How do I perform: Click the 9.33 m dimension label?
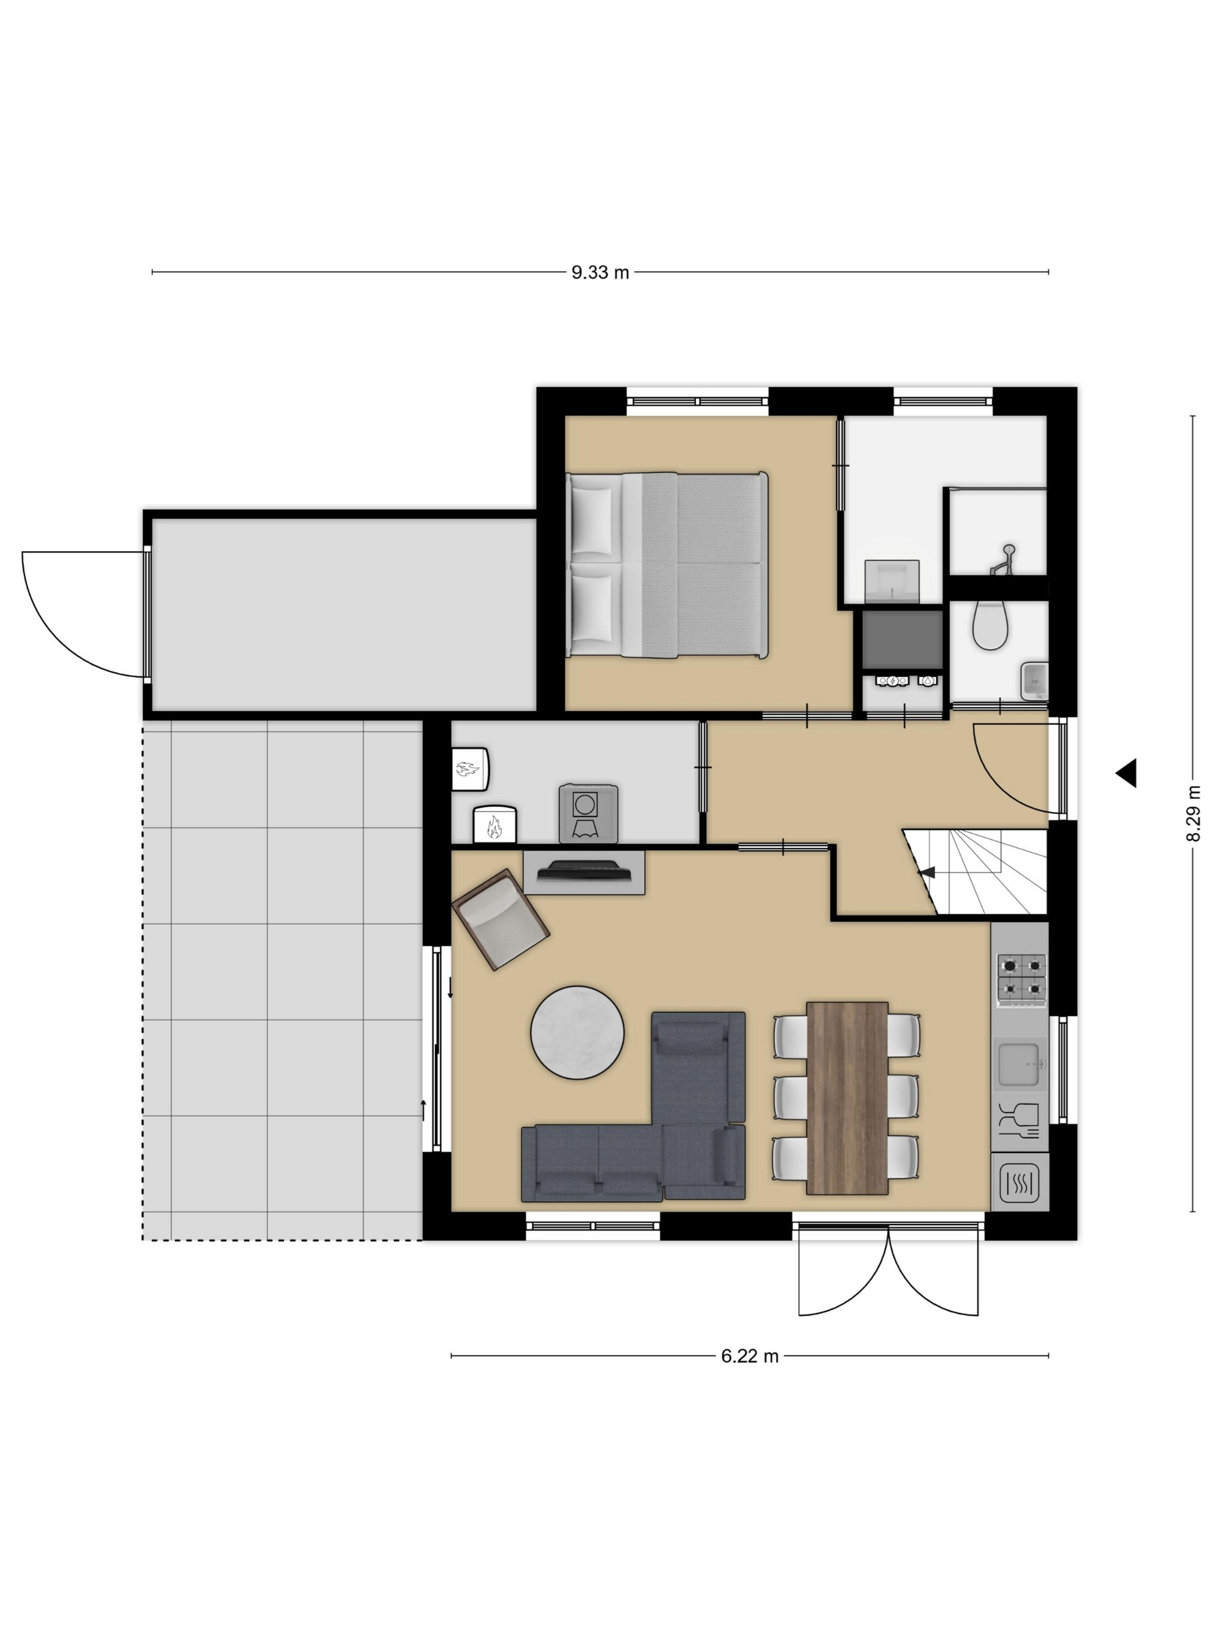pos(600,272)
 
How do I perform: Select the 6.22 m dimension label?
pos(749,1356)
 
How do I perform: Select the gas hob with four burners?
pos(1022,979)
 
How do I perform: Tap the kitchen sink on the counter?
pos(1019,1063)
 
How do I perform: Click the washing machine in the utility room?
pos(587,813)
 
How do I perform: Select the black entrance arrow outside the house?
pos(1126,773)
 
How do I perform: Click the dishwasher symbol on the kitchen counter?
pos(1019,1122)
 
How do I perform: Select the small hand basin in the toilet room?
pos(1034,681)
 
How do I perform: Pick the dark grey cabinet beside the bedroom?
pos(902,637)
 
